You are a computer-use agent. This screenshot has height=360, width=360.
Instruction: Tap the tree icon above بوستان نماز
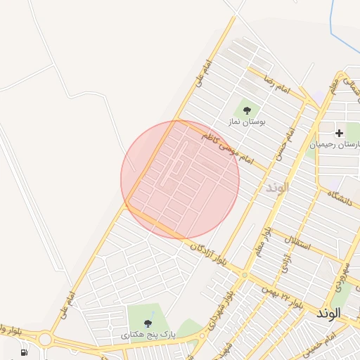click(x=247, y=110)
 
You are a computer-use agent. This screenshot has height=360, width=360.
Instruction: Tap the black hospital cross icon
click(x=340, y=132)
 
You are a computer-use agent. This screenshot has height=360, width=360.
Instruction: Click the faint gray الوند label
click(x=278, y=188)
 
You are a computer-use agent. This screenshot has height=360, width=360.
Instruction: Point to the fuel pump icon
click(x=25, y=352)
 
